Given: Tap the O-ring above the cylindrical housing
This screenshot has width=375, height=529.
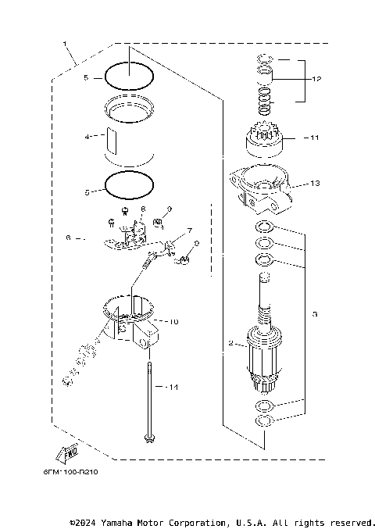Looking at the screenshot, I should click(130, 75).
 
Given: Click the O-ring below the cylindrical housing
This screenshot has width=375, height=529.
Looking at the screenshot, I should click(130, 184).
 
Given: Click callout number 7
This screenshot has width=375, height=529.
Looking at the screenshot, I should click(188, 232).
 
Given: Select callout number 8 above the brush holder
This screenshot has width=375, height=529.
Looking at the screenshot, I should click(144, 209).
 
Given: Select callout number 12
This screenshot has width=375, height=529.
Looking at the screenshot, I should click(316, 79).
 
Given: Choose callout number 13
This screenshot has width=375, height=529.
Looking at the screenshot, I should click(316, 184).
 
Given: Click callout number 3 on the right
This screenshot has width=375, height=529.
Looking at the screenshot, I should click(314, 314).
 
